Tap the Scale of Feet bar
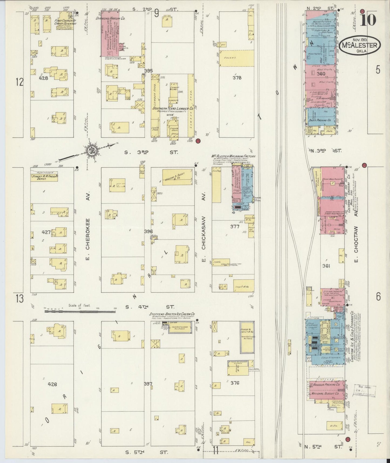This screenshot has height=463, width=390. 80,311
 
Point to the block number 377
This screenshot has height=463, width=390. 235,227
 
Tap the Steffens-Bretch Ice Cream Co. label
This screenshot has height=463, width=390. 172,314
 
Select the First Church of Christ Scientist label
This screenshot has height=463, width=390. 65,22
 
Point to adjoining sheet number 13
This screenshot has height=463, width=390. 19,299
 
